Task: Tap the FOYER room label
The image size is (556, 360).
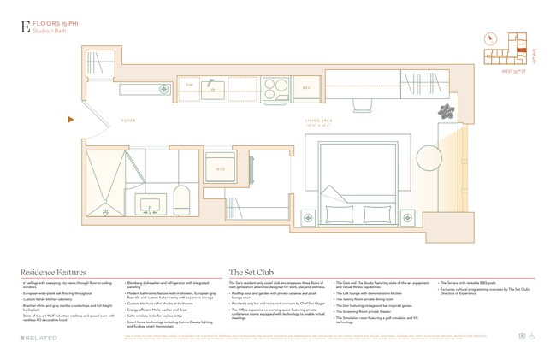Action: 128,121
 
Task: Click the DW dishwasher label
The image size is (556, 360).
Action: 190,85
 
